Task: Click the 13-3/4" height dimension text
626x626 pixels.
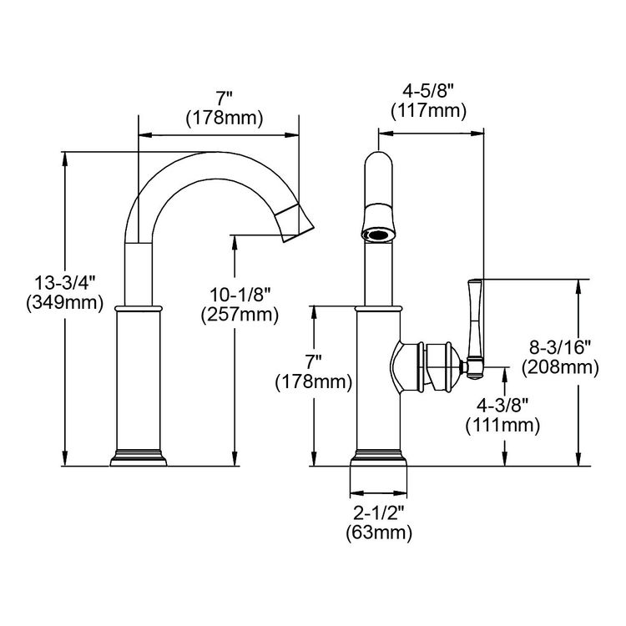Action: (65, 284)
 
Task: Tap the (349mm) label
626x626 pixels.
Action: (65, 303)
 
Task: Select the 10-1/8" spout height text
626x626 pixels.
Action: (240, 295)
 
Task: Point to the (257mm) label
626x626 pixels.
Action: (240, 315)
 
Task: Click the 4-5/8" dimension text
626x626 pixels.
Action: (428, 92)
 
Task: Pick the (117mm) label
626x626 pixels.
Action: (428, 111)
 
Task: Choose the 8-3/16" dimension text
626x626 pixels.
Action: (560, 348)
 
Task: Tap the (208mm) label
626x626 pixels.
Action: (560, 368)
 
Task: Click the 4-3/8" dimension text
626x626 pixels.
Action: (502, 406)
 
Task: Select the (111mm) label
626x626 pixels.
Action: (502, 426)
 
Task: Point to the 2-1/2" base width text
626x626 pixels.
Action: (378, 513)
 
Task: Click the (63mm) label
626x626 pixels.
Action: (378, 533)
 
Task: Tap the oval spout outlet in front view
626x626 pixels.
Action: (378, 235)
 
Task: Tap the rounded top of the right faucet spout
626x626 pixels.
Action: (378, 159)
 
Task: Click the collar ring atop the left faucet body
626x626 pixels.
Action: (139, 309)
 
